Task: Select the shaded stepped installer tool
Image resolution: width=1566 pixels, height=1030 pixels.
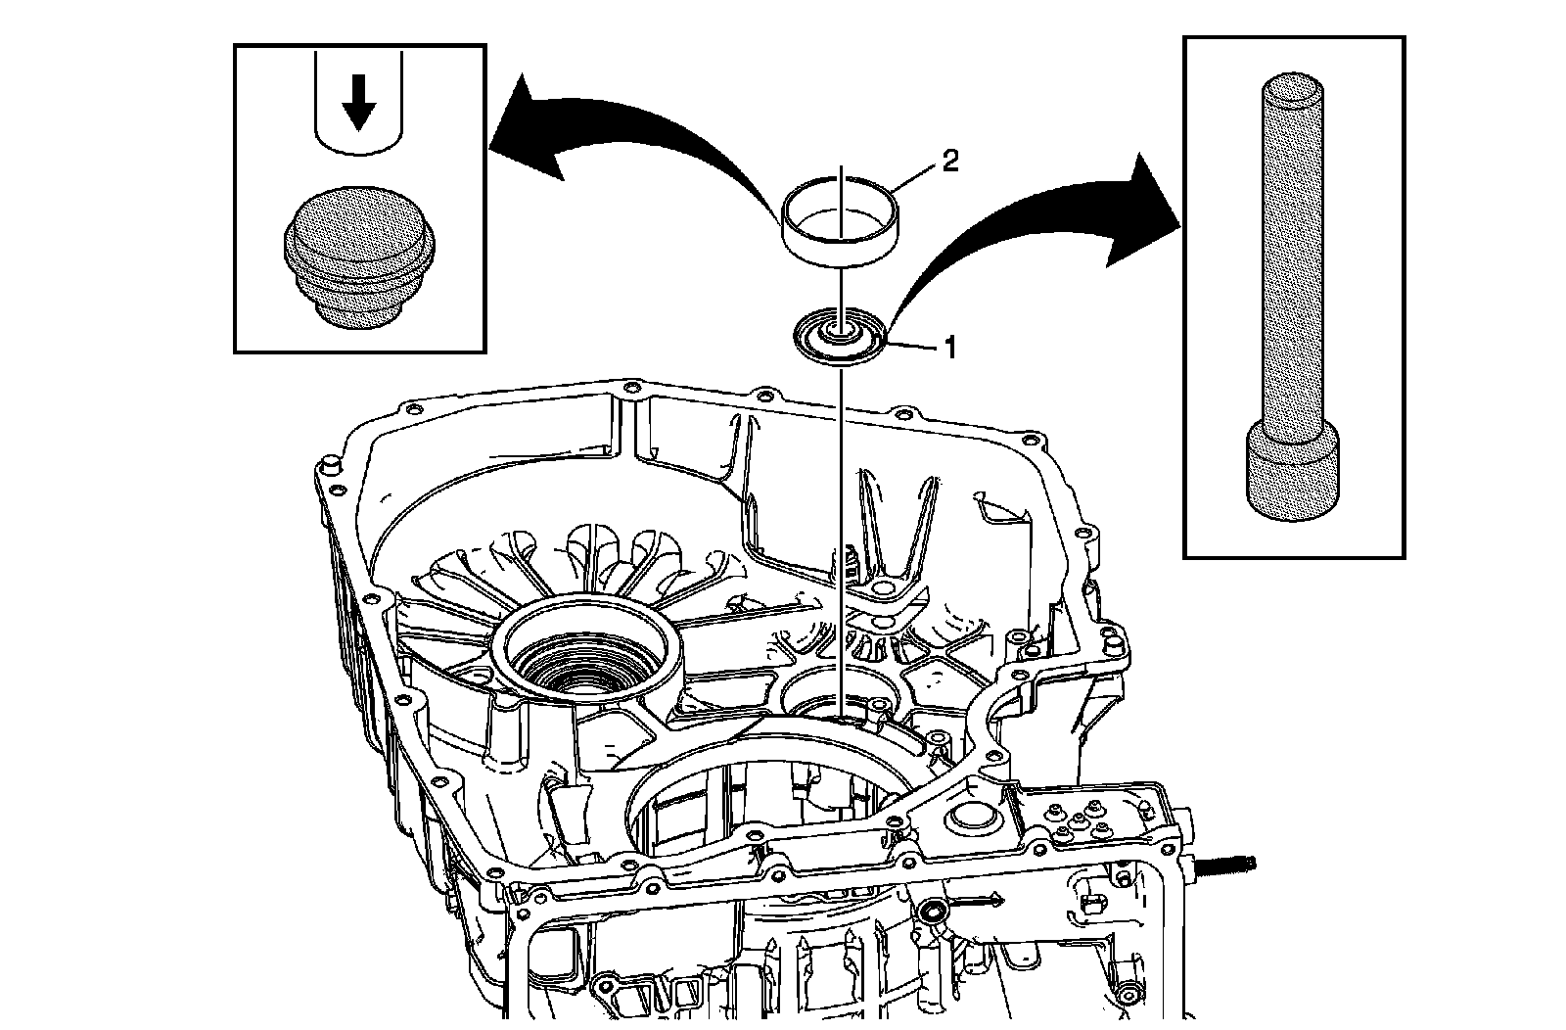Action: click(357, 257)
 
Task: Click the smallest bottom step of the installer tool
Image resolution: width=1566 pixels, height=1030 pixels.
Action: click(359, 314)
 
